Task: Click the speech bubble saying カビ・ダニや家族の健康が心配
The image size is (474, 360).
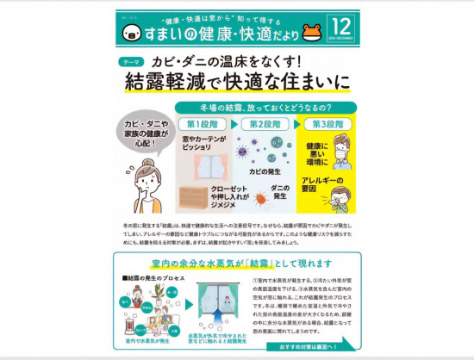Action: point(143,132)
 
